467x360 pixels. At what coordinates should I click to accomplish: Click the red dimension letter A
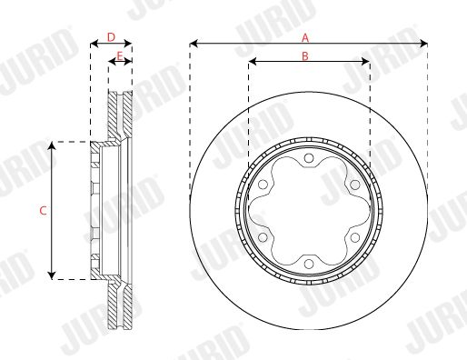[305, 38]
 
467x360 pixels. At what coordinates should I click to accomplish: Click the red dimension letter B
[305, 55]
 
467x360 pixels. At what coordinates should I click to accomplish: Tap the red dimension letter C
[43, 211]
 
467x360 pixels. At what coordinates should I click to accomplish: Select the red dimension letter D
[112, 37]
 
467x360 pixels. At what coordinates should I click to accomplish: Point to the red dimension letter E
[120, 56]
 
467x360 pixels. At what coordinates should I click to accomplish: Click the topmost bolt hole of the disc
[309, 158]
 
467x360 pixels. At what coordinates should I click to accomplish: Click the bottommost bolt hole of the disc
[309, 264]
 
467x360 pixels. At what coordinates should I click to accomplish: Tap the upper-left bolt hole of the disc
[263, 185]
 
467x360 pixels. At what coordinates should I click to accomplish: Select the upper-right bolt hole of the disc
[354, 185]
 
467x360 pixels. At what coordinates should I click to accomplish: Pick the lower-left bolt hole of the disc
[263, 237]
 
